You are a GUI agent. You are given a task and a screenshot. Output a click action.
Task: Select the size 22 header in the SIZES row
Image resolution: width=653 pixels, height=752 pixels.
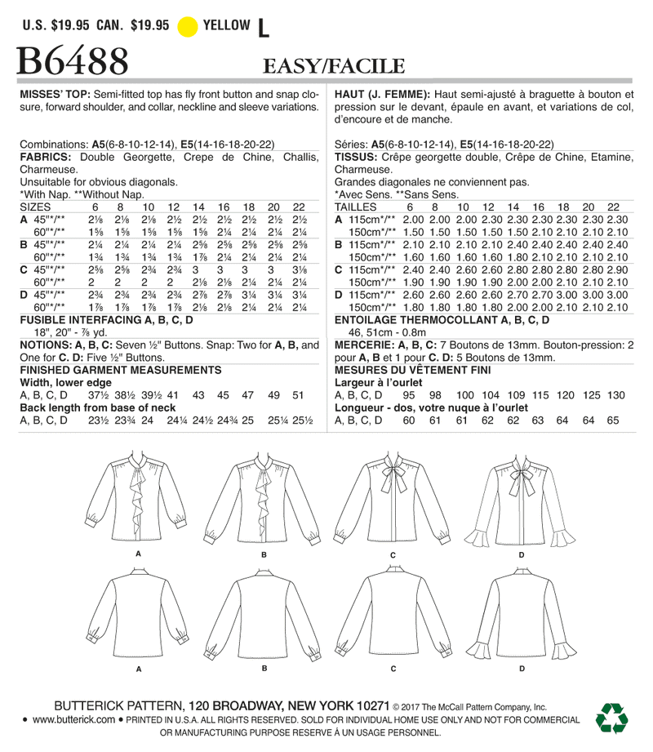[x=299, y=207]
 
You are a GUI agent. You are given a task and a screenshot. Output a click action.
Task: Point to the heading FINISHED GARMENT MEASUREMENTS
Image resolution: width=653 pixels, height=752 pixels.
[x=109, y=369]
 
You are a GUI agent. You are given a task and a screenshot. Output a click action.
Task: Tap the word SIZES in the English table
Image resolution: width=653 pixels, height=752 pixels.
[x=36, y=207]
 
